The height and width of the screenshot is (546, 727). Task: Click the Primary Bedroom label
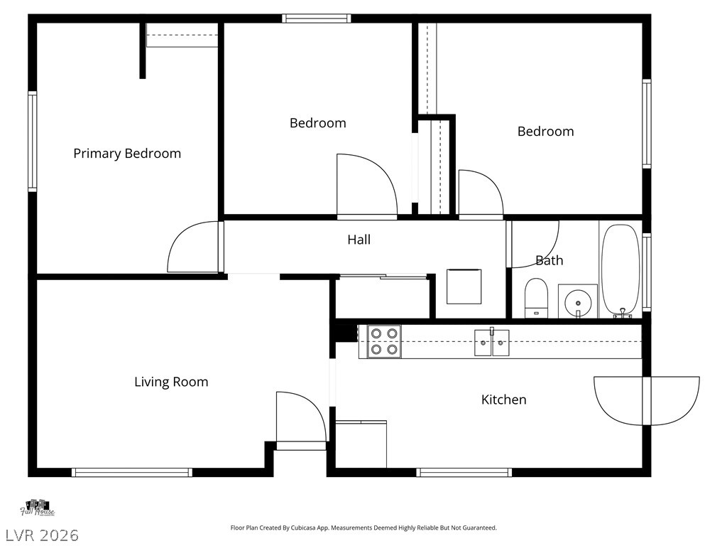(127, 154)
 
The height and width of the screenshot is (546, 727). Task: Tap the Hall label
(359, 240)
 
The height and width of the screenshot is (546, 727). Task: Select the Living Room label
(171, 382)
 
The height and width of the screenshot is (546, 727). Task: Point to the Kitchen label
(503, 400)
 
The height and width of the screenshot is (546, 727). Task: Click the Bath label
(550, 260)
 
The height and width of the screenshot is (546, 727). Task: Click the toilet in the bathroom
(536, 298)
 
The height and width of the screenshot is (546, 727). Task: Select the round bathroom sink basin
(578, 302)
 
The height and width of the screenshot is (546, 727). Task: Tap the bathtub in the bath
(621, 271)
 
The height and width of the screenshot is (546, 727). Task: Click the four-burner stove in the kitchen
(384, 341)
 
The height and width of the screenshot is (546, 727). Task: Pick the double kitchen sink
(491, 343)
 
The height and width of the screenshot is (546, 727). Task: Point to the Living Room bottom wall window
(131, 473)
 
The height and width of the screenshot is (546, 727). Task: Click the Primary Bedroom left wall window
(32, 141)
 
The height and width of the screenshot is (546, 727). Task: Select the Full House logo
(37, 508)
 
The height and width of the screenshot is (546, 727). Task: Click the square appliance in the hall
(464, 287)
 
